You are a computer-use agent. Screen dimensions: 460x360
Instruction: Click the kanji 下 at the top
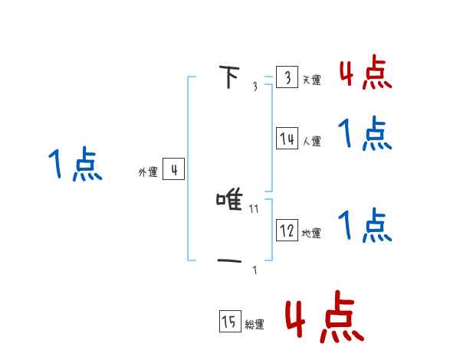click(229, 77)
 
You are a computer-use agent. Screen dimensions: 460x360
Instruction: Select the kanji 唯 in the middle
click(230, 201)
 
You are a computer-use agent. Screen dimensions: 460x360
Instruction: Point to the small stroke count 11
click(255, 208)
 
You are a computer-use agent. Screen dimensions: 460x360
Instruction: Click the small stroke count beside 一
click(255, 270)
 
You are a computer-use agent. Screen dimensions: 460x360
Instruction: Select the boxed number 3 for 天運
click(287, 77)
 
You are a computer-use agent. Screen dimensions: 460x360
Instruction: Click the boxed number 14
click(287, 139)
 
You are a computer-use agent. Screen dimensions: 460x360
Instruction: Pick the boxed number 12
click(287, 231)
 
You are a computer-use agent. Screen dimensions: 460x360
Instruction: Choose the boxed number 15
click(229, 322)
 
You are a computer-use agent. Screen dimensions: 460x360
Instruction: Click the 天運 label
click(312, 80)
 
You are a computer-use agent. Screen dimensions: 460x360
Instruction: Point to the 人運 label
click(312, 141)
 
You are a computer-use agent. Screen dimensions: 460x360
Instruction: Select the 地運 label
click(312, 233)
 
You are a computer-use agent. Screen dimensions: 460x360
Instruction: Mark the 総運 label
click(255, 325)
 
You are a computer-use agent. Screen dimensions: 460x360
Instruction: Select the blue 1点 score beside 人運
click(366, 134)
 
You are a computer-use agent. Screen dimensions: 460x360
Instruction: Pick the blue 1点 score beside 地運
click(366, 226)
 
